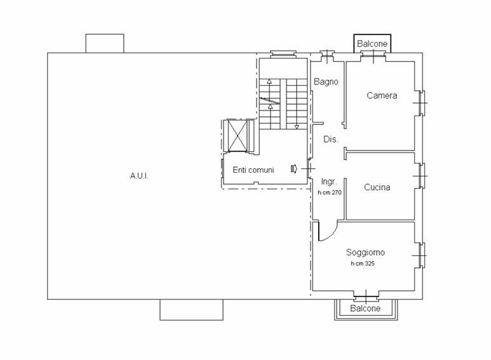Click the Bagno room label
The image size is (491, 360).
tap(326, 82)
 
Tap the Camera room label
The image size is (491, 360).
tap(382, 95)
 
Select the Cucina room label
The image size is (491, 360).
tap(377, 187)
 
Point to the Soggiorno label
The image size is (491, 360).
tap(365, 252)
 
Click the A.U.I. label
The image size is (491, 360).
tap(139, 176)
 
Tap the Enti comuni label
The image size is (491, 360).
tap(253, 170)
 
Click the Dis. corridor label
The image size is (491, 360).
tap(331, 139)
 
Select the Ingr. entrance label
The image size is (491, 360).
tap(329, 182)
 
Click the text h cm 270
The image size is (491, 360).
tap(330, 192)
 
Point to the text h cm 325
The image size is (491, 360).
tap(363, 263)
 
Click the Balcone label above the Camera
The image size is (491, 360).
tap(372, 44)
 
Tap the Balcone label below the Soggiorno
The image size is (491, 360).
tap(365, 309)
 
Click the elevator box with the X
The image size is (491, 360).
tap(238, 135)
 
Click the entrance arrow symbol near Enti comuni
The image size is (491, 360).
tap(293, 169)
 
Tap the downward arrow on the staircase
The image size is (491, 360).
tap(297, 127)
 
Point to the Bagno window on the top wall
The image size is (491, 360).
tap(327, 57)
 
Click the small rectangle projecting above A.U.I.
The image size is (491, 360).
tap(105, 44)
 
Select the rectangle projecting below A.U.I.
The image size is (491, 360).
tap(192, 310)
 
